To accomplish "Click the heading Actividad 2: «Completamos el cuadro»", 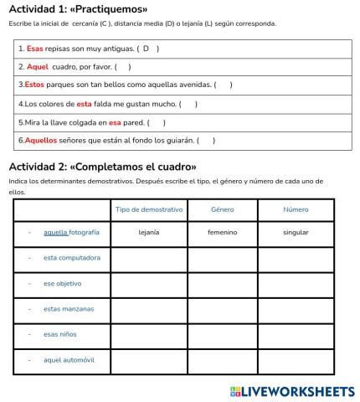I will [x=103, y=166].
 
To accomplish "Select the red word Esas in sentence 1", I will [x=34, y=49].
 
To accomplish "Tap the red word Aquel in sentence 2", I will [x=38, y=66].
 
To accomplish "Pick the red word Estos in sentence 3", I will [x=34, y=85].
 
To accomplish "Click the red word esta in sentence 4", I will [x=84, y=104].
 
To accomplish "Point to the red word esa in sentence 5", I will [x=115, y=122].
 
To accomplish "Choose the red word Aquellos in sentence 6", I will [x=40, y=140].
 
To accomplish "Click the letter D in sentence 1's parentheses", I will [x=146, y=49].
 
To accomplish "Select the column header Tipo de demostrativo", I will [x=149, y=209].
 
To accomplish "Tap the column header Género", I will [x=223, y=209].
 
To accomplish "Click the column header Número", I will [x=296, y=209].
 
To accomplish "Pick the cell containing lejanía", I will [x=149, y=232].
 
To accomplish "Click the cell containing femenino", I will [x=223, y=232].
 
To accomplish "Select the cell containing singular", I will [x=296, y=232].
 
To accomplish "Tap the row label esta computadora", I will [x=71, y=257].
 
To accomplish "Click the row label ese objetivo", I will [x=63, y=283].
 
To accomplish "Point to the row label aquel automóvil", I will [x=69, y=359].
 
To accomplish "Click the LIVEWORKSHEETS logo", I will [x=291, y=391].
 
